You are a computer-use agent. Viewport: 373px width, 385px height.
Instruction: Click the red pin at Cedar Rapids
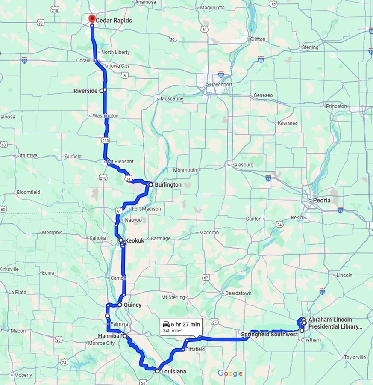91,19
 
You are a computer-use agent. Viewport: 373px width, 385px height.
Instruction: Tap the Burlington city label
167,185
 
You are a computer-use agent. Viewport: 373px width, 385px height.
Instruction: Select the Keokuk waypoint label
134,241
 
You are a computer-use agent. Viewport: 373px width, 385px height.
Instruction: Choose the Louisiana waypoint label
173,372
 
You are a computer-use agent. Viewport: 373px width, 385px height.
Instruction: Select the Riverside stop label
85,91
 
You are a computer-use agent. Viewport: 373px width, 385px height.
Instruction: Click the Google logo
230,373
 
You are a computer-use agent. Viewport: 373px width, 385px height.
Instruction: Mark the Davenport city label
221,85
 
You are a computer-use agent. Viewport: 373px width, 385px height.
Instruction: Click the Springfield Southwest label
269,334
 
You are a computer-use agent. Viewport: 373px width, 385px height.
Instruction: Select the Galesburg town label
242,165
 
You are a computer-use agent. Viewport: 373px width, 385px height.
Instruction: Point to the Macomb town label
209,233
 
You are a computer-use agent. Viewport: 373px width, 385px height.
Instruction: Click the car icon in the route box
166,324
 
